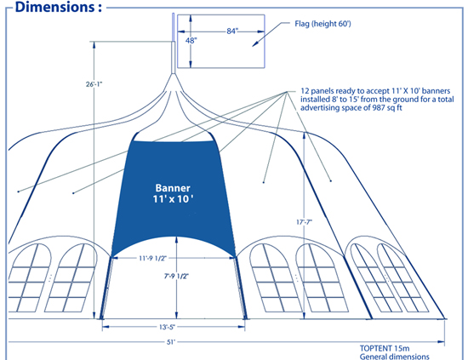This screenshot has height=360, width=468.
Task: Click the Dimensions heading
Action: coord(59,7)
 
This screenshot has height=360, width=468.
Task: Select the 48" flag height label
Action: coord(191,41)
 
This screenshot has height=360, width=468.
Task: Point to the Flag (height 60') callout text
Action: coord(322,24)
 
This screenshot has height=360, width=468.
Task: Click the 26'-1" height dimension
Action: coord(94,84)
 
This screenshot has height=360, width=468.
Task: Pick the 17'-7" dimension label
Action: coord(304,222)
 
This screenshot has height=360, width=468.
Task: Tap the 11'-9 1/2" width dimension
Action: coord(152,258)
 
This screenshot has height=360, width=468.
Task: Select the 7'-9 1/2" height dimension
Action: coord(177,276)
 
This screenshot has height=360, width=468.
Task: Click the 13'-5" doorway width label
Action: coord(167,327)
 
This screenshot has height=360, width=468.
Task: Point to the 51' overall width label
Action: coord(170,342)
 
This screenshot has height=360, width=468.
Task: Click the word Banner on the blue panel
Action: coord(173,188)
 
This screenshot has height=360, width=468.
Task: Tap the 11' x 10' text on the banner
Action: coord(173,199)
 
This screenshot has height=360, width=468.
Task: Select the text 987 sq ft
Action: coord(387,108)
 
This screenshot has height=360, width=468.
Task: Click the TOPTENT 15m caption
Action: coord(385,348)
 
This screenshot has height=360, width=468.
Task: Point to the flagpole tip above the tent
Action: coord(173,14)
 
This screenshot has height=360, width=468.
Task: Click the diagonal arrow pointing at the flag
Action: coord(271,34)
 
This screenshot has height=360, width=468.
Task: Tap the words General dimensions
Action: coord(394,357)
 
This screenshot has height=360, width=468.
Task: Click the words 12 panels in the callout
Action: coord(316,91)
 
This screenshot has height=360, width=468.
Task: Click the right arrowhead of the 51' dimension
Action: coord(442,342)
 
